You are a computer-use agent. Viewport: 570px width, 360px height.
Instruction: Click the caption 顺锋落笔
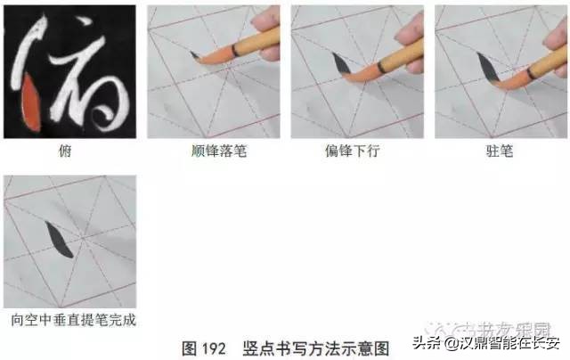coord(214,151)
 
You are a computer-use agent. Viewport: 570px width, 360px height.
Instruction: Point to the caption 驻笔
coord(500,151)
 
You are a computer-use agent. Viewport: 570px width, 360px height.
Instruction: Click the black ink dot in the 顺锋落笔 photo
coord(195,56)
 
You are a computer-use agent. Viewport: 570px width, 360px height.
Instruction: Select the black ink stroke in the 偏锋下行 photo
coord(340,64)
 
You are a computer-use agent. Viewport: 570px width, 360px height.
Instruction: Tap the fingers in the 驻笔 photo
coord(553,27)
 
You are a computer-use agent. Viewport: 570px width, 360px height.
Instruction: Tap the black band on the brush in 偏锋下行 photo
coord(381,67)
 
